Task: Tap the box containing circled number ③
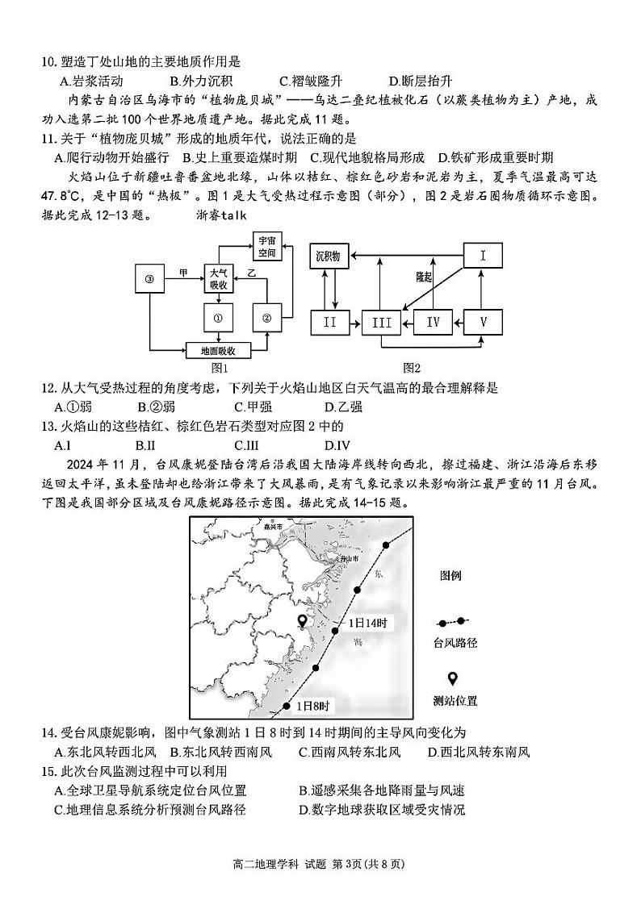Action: coord(149,280)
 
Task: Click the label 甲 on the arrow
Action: coord(184,273)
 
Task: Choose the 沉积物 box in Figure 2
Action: coord(329,257)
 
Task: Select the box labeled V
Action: coord(484,322)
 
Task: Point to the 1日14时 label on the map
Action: coord(368,623)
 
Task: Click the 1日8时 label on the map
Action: coord(312,706)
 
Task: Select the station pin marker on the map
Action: coord(303,621)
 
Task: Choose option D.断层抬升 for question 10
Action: coord(420,81)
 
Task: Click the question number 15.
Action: coord(48,771)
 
